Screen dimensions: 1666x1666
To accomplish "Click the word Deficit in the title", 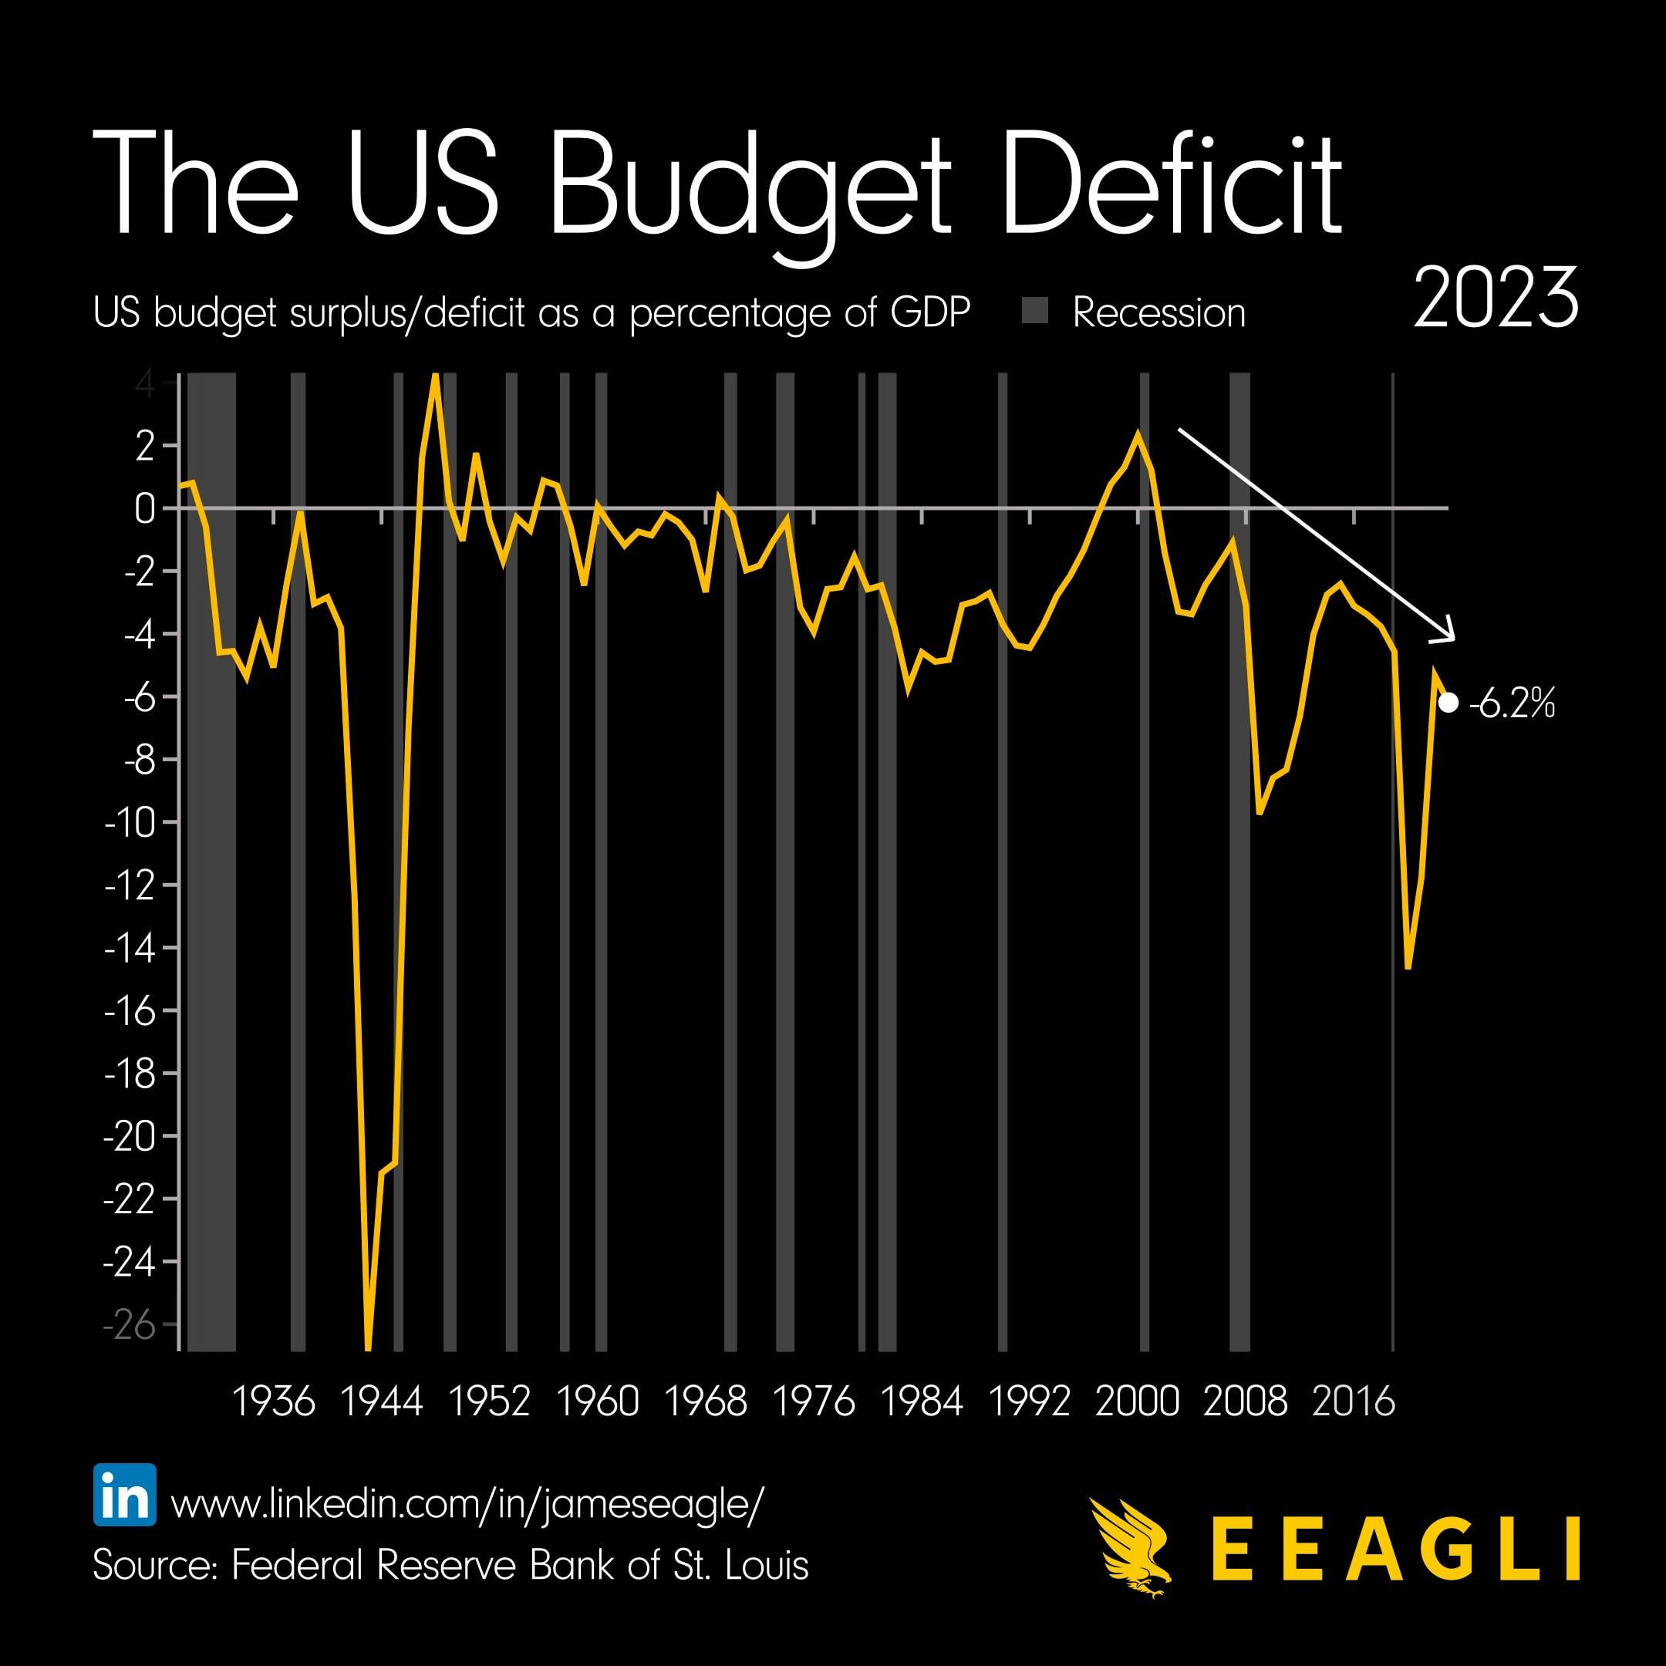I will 1170,185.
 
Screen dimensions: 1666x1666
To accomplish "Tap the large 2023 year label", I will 1496,298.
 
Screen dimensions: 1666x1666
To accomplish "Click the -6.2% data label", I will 1512,703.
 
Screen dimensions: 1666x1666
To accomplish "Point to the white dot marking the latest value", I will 1448,703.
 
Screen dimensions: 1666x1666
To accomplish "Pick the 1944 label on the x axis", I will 381,1401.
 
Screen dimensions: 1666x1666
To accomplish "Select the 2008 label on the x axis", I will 1244,1401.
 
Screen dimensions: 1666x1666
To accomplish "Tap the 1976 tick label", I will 813,1401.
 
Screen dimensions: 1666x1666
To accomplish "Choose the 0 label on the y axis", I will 144,509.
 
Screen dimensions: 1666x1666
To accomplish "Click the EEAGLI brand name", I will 1395,1549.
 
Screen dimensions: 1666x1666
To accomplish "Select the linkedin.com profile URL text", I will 467,1504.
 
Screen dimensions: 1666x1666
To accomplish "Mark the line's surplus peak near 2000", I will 1138,433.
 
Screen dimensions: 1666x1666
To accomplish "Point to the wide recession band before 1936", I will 211,862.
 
